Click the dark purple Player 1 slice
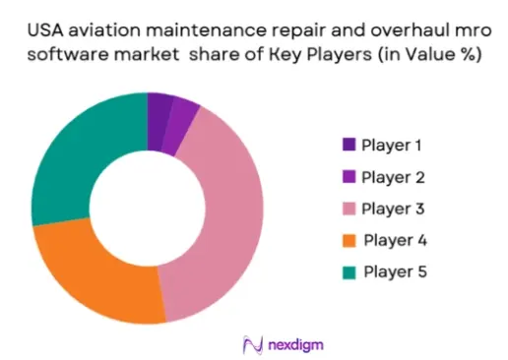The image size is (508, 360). (x=158, y=122)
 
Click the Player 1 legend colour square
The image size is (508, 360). (x=349, y=145)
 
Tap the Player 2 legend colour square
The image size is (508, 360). (x=349, y=176)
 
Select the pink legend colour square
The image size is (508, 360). (x=349, y=209)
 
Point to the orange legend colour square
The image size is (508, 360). (x=349, y=240)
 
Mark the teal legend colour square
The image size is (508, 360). (x=349, y=272)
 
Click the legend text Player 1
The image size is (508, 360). (x=392, y=146)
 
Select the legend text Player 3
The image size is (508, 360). (x=393, y=210)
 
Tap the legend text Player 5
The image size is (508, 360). (x=395, y=272)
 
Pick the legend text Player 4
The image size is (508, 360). (x=395, y=240)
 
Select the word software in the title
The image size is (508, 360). (x=68, y=54)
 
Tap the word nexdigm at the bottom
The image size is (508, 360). (x=295, y=345)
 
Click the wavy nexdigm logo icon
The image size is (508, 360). (x=253, y=345)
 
